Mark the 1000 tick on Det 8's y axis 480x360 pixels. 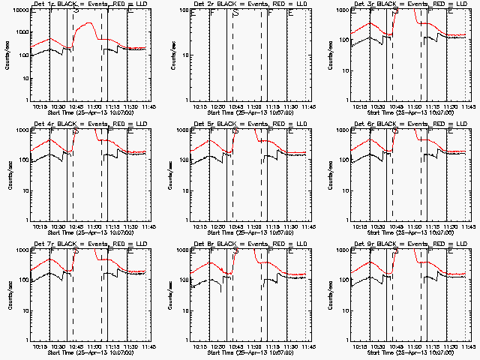181,250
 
